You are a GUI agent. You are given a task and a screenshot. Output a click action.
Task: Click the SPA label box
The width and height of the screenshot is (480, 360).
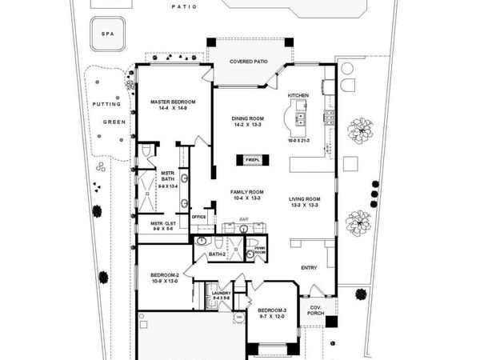[106, 34]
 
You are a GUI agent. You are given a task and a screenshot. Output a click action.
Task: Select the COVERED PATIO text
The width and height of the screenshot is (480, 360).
[248, 61]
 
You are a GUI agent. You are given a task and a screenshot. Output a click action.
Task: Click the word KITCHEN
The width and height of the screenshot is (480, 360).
[298, 95]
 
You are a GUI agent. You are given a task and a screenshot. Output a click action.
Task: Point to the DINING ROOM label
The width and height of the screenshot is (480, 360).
[248, 118]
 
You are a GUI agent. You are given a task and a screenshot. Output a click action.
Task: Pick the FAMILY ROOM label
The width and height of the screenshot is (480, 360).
[248, 193]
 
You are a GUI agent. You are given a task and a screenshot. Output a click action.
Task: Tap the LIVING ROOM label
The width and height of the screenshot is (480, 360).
[304, 198]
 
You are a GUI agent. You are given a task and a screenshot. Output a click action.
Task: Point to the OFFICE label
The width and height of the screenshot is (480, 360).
[198, 216]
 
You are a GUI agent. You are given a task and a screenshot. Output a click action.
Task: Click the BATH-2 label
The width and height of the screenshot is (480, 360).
[218, 254]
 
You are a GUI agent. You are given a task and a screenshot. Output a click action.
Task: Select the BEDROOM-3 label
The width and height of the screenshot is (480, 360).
[273, 310]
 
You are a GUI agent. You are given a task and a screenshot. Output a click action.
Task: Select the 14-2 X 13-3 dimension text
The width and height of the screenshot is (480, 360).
[248, 126]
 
